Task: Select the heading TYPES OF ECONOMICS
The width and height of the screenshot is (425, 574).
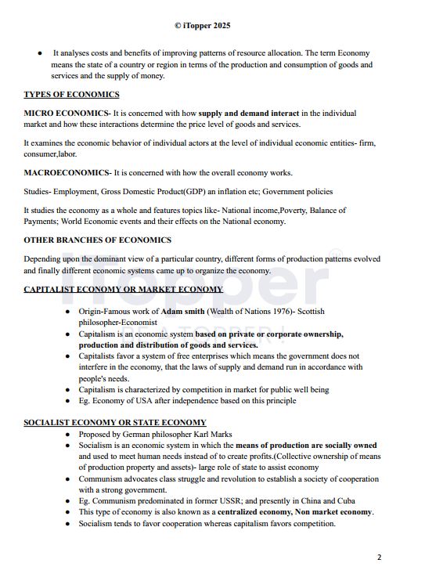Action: (x=71, y=95)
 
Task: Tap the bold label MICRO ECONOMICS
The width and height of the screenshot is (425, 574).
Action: (x=66, y=113)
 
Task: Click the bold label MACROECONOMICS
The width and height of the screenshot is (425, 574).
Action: (x=66, y=172)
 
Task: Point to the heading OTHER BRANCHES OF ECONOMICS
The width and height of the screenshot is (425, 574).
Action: (x=97, y=240)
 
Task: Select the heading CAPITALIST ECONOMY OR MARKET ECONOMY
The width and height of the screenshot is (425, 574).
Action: (x=123, y=289)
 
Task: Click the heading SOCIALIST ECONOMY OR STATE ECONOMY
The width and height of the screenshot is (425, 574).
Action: (x=115, y=423)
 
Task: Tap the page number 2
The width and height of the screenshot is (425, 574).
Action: (x=379, y=558)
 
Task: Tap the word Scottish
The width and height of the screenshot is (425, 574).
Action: (x=309, y=311)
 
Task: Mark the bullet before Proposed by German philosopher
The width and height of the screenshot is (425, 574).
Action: (x=68, y=434)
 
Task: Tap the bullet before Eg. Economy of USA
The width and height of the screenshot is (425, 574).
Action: (x=68, y=401)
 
